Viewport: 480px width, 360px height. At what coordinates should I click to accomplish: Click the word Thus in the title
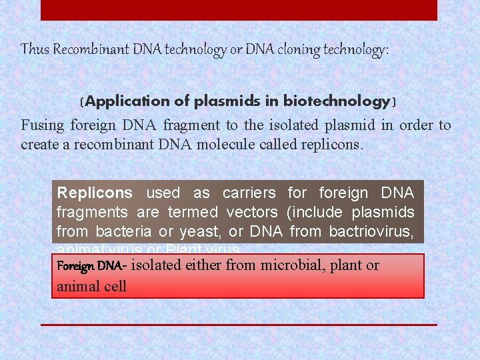(35, 49)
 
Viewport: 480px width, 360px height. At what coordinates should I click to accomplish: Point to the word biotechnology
(337, 101)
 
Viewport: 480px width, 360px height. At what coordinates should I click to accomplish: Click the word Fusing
(43, 125)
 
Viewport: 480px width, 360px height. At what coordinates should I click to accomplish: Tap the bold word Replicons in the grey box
(95, 193)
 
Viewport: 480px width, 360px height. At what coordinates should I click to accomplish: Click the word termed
(193, 213)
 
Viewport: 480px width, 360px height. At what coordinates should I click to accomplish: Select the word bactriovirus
(370, 232)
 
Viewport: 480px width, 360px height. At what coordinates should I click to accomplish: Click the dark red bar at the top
(239, 10)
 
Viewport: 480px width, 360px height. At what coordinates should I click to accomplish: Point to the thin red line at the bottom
(239, 325)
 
